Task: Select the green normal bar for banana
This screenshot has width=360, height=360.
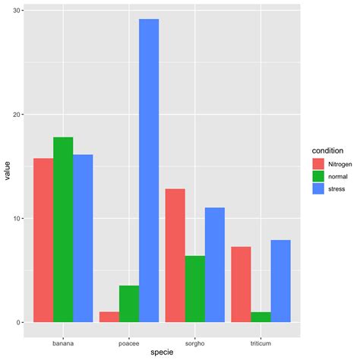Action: coord(63,229)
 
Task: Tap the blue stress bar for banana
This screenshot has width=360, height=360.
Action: coord(83,238)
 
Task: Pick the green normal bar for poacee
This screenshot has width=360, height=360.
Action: coord(129,304)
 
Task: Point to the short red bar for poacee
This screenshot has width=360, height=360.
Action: coord(109,317)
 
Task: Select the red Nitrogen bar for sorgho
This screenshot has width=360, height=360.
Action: coord(175,255)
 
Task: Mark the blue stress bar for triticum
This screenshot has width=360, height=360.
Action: coord(281,281)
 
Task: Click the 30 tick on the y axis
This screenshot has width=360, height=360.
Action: coord(16,11)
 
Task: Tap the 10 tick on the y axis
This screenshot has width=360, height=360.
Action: coord(16,219)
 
